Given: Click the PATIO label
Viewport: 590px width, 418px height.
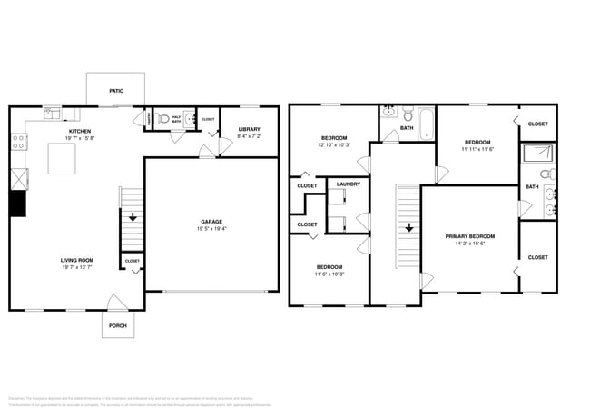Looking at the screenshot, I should click(116, 91).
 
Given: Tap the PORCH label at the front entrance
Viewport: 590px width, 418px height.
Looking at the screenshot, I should click(118, 326).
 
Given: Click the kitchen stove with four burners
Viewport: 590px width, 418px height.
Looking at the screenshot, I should click(16, 141).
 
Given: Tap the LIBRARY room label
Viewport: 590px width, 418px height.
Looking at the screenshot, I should click(250, 130).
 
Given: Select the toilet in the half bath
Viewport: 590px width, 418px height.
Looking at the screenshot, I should click(164, 118).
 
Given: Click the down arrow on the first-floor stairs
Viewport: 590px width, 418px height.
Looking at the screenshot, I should click(133, 217).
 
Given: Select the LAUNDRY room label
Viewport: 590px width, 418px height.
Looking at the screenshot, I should click(348, 184).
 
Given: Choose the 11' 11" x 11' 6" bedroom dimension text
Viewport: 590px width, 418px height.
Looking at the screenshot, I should click(477, 149).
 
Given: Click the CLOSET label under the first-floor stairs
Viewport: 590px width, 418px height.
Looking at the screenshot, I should click(133, 262).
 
